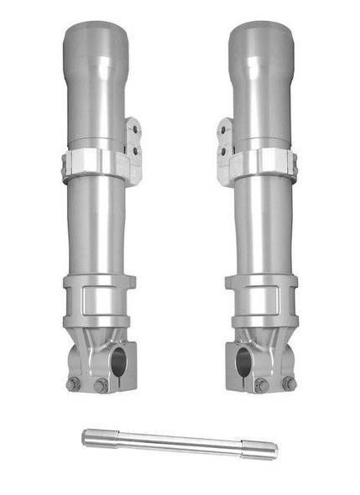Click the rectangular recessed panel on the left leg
(99, 300)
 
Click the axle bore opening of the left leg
(118, 362)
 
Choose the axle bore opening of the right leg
(243, 362)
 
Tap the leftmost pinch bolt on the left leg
(73, 384)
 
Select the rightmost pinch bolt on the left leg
(102, 385)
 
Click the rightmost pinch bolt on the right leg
(289, 383)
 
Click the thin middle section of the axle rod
(176, 444)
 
